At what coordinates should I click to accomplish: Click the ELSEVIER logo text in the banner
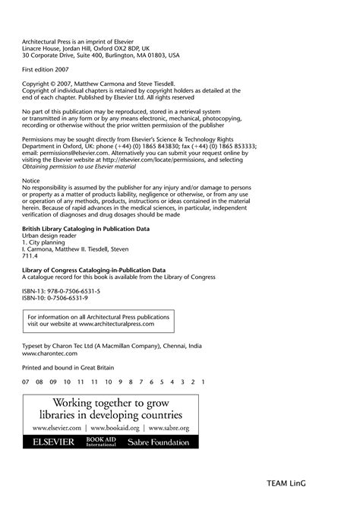point(53,442)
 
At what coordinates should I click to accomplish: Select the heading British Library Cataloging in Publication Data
point(86,228)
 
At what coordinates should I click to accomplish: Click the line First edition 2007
point(47,68)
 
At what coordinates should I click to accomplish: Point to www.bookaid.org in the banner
point(122,429)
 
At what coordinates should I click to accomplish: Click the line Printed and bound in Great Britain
point(68,366)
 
